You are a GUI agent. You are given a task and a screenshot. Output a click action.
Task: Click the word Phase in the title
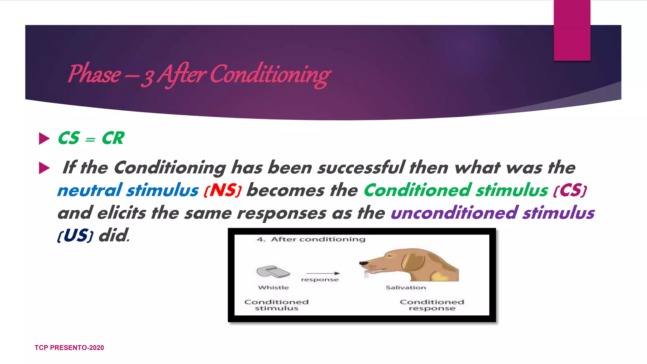point(94,75)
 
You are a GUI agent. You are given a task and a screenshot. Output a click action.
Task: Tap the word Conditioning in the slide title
point(270,75)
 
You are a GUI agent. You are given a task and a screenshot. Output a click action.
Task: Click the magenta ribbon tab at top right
point(572,30)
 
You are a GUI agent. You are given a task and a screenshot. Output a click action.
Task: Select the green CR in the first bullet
point(113,138)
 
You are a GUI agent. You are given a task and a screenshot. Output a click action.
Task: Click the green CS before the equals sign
point(69,138)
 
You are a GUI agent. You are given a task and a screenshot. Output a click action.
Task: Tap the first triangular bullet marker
point(44,138)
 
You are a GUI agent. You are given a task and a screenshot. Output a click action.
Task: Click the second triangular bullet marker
point(44,168)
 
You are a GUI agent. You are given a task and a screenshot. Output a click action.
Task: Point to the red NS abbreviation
point(223,191)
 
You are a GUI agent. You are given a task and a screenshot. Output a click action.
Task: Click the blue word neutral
point(90,191)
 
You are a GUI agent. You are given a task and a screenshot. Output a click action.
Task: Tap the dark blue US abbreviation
point(75,236)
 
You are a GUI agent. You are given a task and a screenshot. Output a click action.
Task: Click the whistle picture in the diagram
point(273,271)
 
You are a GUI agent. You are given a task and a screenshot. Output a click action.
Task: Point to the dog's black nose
point(363,263)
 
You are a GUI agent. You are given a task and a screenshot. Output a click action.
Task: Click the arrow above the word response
point(323,273)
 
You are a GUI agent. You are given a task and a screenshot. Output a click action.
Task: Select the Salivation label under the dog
point(406,288)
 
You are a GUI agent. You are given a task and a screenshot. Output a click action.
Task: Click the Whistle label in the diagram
point(273,288)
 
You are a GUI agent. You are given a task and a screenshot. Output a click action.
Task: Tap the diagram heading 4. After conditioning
point(311,240)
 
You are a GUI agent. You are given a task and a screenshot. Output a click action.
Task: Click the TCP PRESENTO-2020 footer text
point(69,348)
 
